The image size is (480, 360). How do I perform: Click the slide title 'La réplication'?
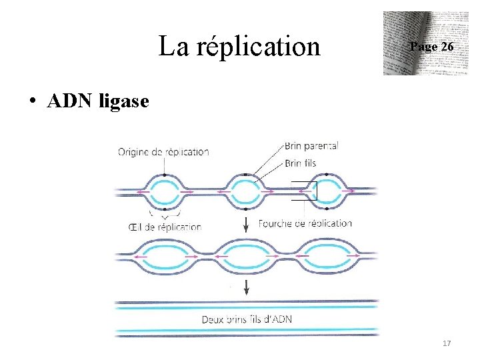(x=239, y=47)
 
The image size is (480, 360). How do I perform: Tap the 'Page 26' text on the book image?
(x=431, y=47)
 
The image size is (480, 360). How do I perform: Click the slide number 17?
(x=447, y=343)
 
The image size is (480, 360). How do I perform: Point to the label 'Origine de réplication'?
(x=163, y=151)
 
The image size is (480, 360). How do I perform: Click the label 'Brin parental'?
(x=311, y=145)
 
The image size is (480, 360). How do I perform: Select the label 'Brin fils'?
(x=300, y=163)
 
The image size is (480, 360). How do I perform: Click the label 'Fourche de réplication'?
(x=305, y=223)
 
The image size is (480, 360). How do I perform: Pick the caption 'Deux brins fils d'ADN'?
(x=247, y=319)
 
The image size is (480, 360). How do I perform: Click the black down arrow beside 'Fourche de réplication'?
(x=247, y=224)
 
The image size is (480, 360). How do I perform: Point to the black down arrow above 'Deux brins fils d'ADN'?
(x=247, y=287)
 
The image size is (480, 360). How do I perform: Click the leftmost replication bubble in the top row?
(x=164, y=191)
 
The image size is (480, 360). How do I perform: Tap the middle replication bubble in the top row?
(x=246, y=191)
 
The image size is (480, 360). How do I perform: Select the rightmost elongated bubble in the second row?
(x=329, y=257)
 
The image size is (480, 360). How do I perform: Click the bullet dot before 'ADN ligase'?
(x=31, y=103)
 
